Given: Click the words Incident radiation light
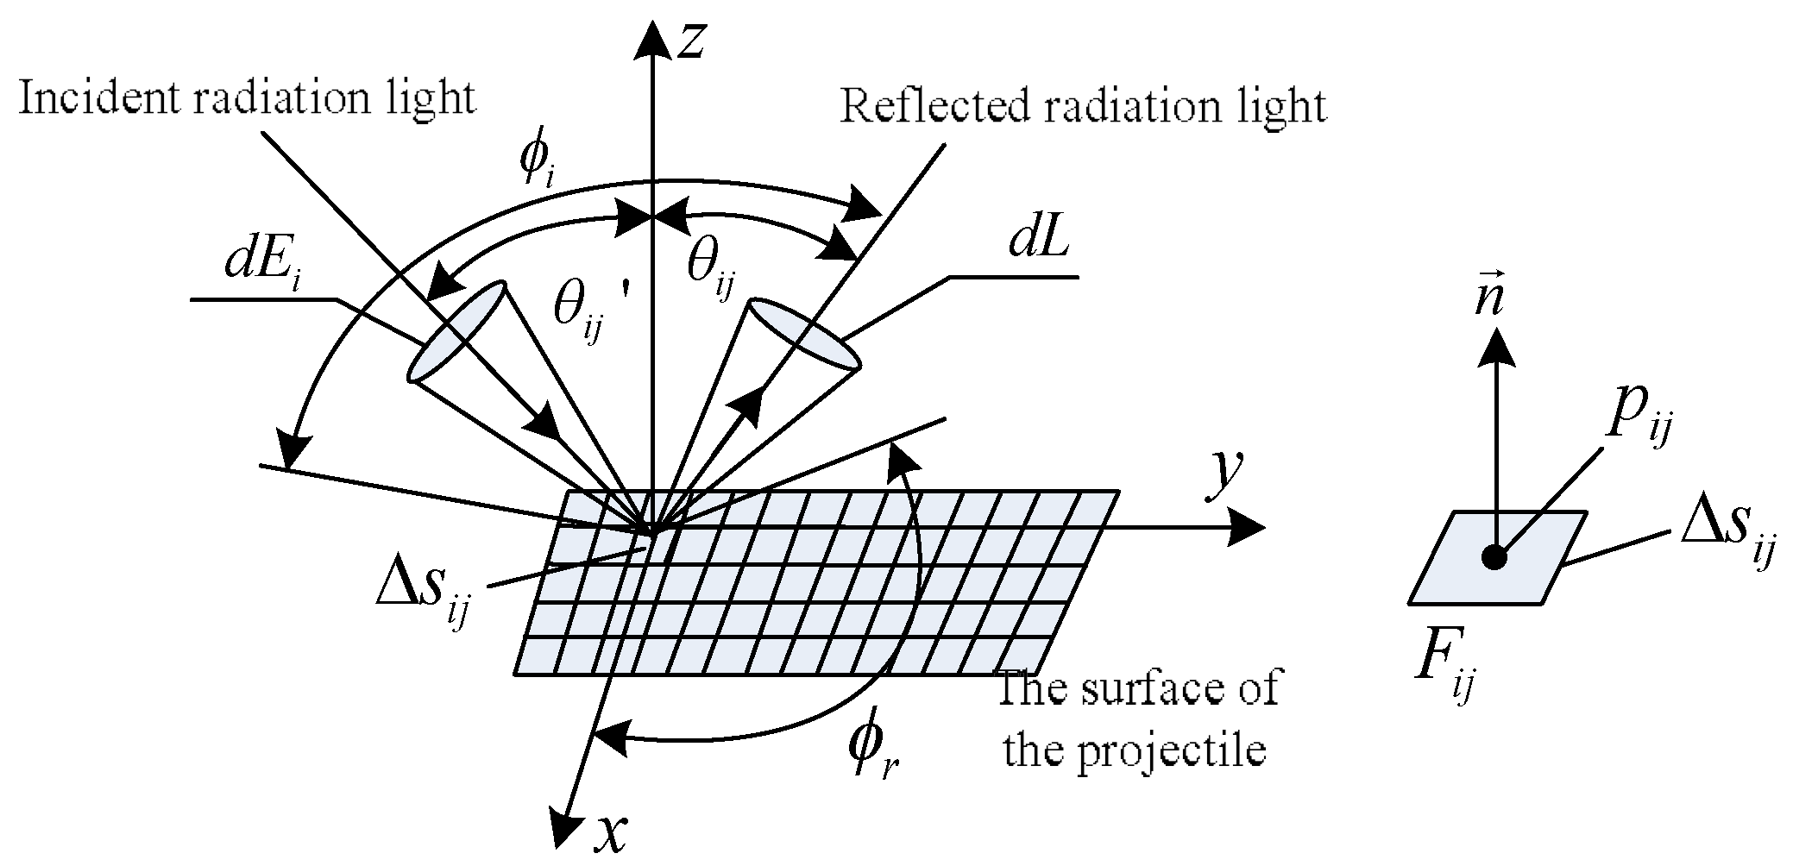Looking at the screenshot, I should (247, 98).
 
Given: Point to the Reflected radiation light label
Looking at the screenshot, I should (1083, 107).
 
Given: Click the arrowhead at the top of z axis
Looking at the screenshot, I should (653, 40).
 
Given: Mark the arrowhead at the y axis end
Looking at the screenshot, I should (1246, 527).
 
